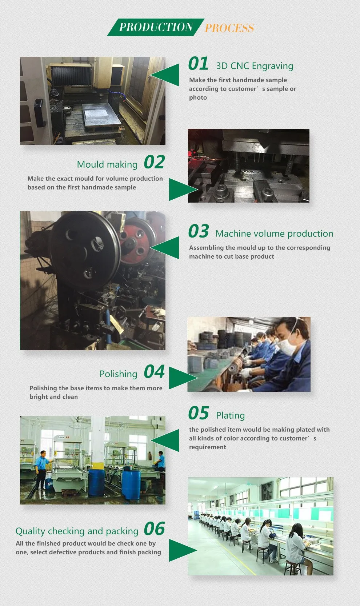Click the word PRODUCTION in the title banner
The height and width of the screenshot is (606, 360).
click(x=156, y=27)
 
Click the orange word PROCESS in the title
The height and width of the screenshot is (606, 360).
click(x=229, y=28)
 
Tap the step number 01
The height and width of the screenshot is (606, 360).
click(x=198, y=64)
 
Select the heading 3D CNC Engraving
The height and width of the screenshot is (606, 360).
click(x=255, y=66)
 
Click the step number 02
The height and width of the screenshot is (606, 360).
click(x=154, y=162)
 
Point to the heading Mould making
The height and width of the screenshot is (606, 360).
click(x=107, y=164)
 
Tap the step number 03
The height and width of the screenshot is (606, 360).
click(x=199, y=231)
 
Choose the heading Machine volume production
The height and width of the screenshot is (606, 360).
click(x=274, y=234)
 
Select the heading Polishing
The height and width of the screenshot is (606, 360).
click(x=118, y=374)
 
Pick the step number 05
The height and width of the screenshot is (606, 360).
click(x=199, y=413)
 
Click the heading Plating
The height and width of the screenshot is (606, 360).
click(x=231, y=415)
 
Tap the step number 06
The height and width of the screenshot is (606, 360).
click(x=154, y=529)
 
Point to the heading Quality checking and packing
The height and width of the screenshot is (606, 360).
click(x=77, y=531)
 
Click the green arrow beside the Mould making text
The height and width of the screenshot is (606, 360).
click(x=183, y=190)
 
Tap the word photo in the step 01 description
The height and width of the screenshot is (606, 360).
click(x=198, y=97)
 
